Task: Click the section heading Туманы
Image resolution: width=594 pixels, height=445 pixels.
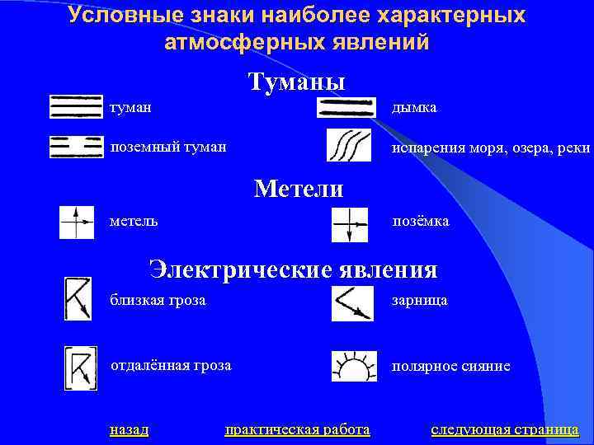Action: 296,82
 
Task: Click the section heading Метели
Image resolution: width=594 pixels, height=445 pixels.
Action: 299,189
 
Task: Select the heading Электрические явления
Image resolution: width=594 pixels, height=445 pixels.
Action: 293,269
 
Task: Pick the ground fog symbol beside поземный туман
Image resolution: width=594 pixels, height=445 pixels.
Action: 76,147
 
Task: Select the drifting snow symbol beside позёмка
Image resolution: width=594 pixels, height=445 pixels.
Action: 349,223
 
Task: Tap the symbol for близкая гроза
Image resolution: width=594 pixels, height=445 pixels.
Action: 78,299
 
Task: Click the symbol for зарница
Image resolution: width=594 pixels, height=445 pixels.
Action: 352,302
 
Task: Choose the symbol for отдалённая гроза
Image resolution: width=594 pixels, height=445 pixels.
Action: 81,368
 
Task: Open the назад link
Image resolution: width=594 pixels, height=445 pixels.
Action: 129,429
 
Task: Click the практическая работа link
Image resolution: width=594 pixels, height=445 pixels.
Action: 297,429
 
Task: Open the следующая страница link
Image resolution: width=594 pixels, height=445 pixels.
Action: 504,429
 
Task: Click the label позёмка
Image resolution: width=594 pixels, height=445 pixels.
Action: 421,222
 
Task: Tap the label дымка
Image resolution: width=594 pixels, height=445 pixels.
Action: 415,108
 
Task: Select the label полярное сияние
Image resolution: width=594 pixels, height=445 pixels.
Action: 450,366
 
